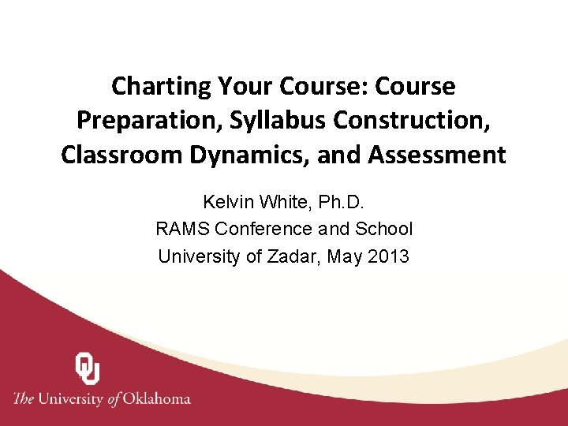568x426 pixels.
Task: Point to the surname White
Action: click(285, 202)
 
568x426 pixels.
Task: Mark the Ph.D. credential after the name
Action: click(341, 202)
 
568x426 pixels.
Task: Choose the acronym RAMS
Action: click(182, 229)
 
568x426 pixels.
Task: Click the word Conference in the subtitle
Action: click(265, 229)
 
